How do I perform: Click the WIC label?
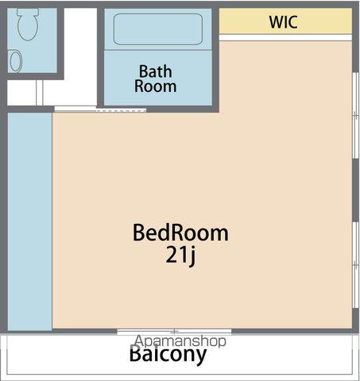coord(283,22)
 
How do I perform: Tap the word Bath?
coord(156,71)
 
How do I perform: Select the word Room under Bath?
coord(156,87)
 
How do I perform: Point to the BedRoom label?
coord(180,233)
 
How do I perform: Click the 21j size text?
coord(180,255)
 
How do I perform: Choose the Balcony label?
coord(168,355)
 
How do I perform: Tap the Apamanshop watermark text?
coord(180,341)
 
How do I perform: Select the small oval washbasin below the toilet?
coord(16,61)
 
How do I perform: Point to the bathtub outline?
coord(158,29)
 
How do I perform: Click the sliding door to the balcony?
coord(174,332)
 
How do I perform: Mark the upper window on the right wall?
coord(355,115)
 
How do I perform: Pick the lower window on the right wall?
coord(355,264)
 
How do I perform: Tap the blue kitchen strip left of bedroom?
coord(30,221)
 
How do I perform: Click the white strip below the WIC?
coord(285,37)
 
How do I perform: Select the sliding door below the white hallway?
coord(100,109)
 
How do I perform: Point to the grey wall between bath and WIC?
coord(215,57)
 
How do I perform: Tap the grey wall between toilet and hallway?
coord(60,43)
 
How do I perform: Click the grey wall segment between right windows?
coord(355,190)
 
